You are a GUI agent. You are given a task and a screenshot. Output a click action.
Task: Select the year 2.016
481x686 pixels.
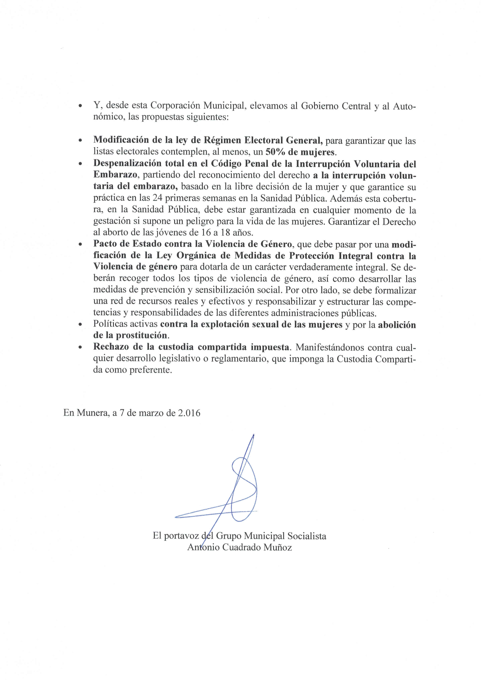pyautogui.click(x=189, y=413)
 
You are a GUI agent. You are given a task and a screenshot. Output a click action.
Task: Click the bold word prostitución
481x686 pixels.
pyautogui.click(x=141, y=335)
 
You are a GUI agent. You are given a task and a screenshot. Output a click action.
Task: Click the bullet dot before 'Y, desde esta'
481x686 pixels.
pyautogui.click(x=80, y=106)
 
